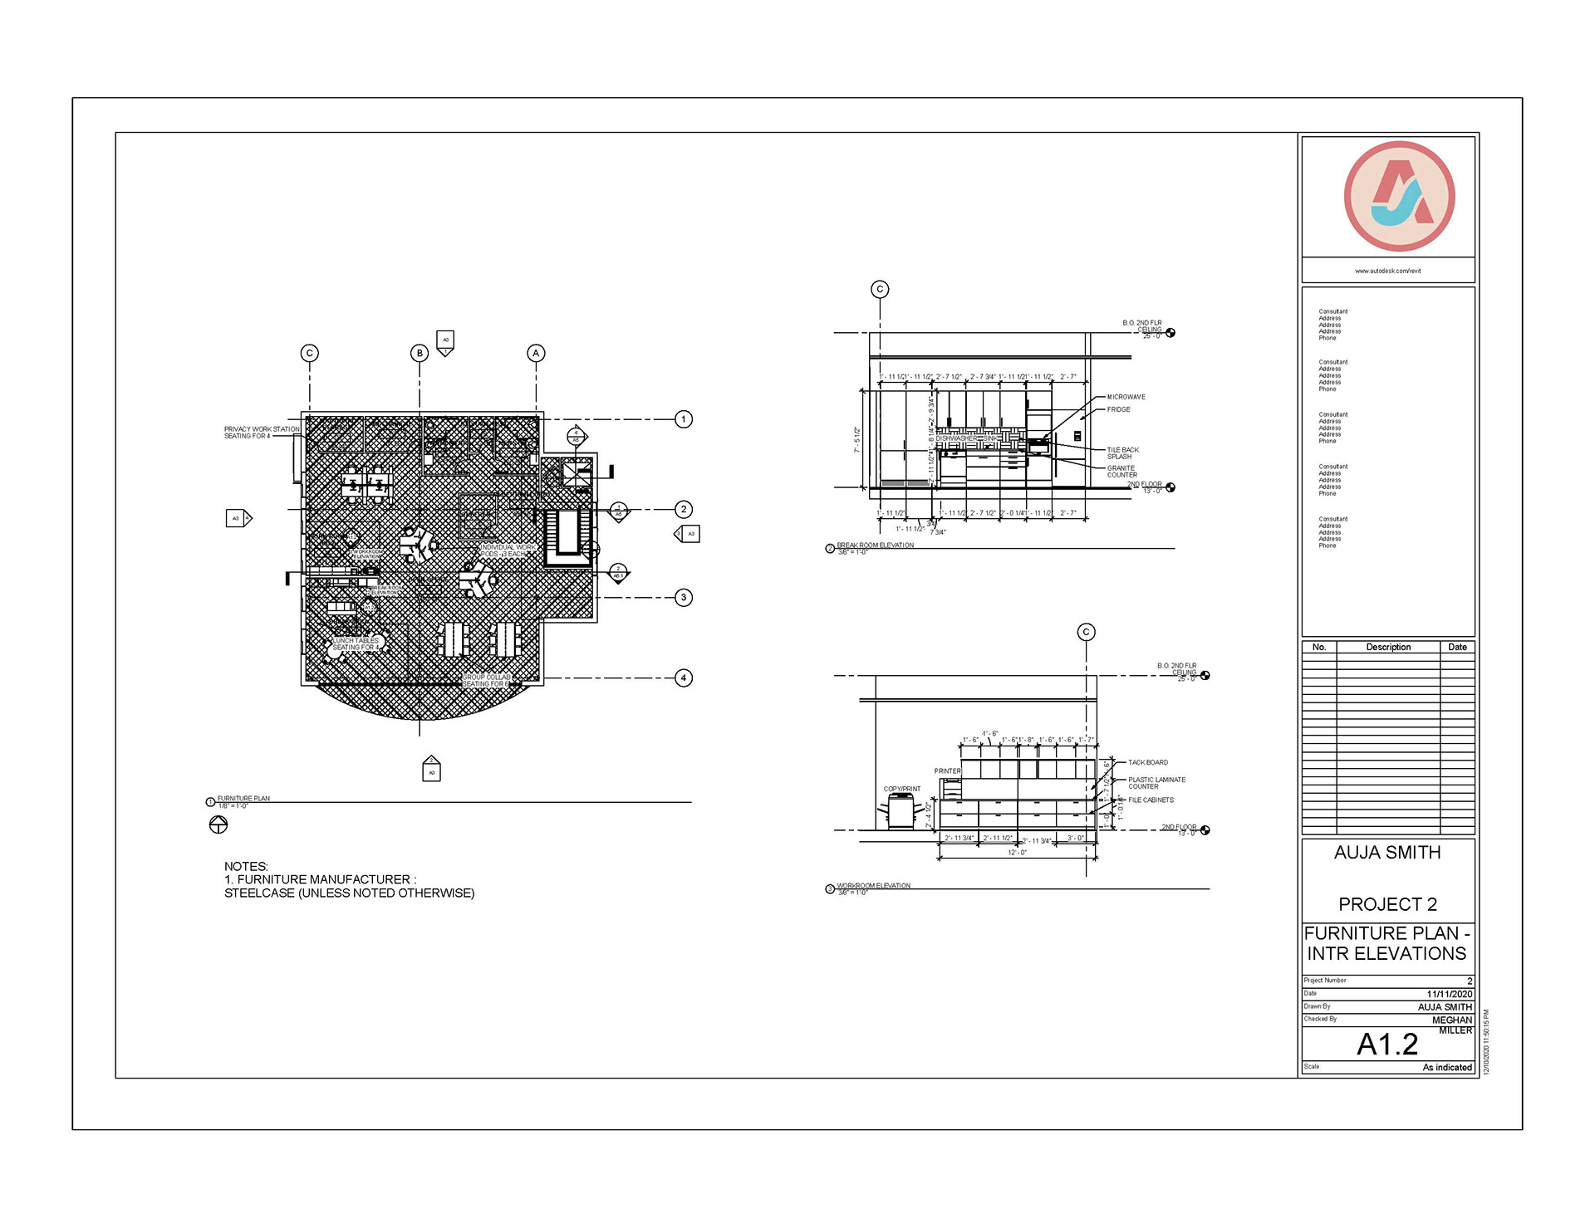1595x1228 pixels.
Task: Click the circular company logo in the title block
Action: coord(1399,197)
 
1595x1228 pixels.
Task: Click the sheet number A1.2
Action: coord(1387,1045)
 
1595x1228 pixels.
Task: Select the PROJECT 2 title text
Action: coord(1387,904)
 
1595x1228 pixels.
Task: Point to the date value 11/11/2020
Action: coord(1449,994)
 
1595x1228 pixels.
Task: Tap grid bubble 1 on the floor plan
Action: coord(684,419)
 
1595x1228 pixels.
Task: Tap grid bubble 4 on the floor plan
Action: coord(684,678)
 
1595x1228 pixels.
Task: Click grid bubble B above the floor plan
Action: coord(420,353)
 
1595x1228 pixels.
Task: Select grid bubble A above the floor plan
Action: coord(536,353)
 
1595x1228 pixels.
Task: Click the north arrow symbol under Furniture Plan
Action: coord(218,824)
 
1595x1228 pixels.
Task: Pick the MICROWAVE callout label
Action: coord(1126,397)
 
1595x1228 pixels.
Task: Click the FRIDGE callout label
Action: coord(1118,409)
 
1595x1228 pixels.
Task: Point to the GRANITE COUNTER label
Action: coord(1121,472)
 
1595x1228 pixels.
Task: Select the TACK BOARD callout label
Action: coord(1147,762)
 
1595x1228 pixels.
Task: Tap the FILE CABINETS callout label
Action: coord(1151,800)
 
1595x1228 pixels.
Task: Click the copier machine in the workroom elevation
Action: coord(901,811)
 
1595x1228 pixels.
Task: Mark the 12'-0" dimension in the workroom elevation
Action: coord(1017,853)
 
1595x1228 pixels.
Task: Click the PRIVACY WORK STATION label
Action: coord(261,433)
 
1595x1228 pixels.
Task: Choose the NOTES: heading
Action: coord(246,866)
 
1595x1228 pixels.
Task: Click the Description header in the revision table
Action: coord(1388,647)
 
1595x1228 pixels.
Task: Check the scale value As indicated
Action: coord(1446,1068)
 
